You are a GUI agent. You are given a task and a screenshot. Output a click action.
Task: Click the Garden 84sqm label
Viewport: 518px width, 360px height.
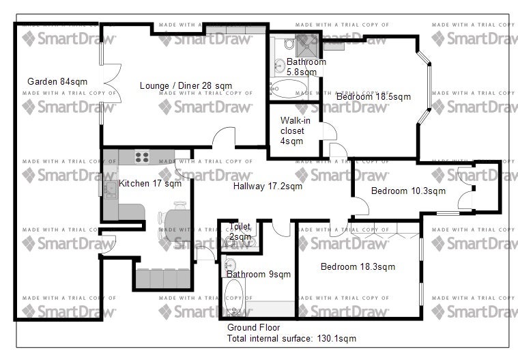57,81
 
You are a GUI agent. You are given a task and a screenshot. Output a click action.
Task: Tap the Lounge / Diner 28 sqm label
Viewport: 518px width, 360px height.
186,85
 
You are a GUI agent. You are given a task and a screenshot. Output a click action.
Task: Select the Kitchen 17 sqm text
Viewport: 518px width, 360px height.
150,183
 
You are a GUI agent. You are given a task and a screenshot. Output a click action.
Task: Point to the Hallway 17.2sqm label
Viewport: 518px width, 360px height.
268,186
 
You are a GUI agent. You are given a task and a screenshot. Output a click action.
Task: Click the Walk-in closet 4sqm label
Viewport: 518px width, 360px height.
295,130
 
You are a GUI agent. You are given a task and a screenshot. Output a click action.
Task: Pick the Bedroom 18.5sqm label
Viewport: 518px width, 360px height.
373,96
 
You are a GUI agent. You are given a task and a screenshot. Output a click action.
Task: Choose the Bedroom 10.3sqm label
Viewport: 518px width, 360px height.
408,191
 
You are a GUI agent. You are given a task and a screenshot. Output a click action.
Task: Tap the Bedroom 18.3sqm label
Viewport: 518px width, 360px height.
358,266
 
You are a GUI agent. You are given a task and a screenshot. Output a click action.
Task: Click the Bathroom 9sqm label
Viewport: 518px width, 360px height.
259,274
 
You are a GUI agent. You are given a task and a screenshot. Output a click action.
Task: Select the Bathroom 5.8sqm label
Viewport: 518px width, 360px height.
306,67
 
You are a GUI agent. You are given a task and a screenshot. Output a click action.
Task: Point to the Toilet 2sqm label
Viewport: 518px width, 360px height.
240,232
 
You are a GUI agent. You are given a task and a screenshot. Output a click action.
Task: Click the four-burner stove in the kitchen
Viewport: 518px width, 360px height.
142,157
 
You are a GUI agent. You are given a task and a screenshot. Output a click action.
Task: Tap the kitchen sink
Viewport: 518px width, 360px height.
111,189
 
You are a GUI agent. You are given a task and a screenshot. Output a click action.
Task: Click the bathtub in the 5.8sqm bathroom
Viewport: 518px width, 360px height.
289,89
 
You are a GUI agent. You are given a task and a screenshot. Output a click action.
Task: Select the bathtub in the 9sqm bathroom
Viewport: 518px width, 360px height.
234,297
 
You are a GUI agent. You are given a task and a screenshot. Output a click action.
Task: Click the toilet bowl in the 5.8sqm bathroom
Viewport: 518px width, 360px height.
289,43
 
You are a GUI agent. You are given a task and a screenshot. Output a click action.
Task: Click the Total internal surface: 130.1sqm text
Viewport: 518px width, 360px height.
291,339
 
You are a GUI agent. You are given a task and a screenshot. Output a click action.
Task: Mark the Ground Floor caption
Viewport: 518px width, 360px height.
253,327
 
